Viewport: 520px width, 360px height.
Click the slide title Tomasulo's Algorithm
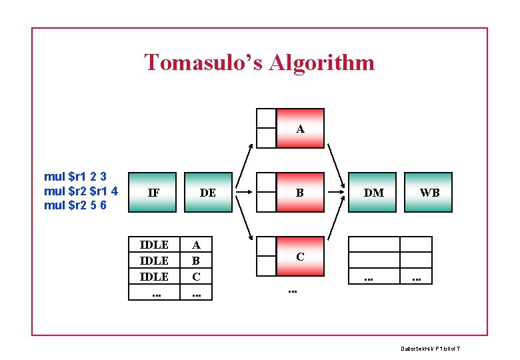click(x=259, y=63)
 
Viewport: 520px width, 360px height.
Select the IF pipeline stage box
click(x=153, y=193)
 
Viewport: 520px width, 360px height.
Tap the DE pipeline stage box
click(x=207, y=193)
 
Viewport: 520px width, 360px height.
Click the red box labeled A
click(x=300, y=128)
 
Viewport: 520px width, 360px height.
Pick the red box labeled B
click(x=300, y=193)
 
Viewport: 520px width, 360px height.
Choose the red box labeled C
click(x=300, y=256)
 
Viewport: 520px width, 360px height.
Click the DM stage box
click(x=373, y=193)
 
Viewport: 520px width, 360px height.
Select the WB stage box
click(x=429, y=193)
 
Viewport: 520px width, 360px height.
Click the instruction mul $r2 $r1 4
click(x=81, y=191)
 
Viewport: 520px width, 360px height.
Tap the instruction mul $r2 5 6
click(x=75, y=205)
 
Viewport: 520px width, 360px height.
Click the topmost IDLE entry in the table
click(x=154, y=245)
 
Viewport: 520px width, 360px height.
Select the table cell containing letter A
click(x=196, y=245)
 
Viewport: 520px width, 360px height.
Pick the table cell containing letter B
click(x=196, y=260)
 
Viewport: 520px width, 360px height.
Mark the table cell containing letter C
click(x=196, y=275)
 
